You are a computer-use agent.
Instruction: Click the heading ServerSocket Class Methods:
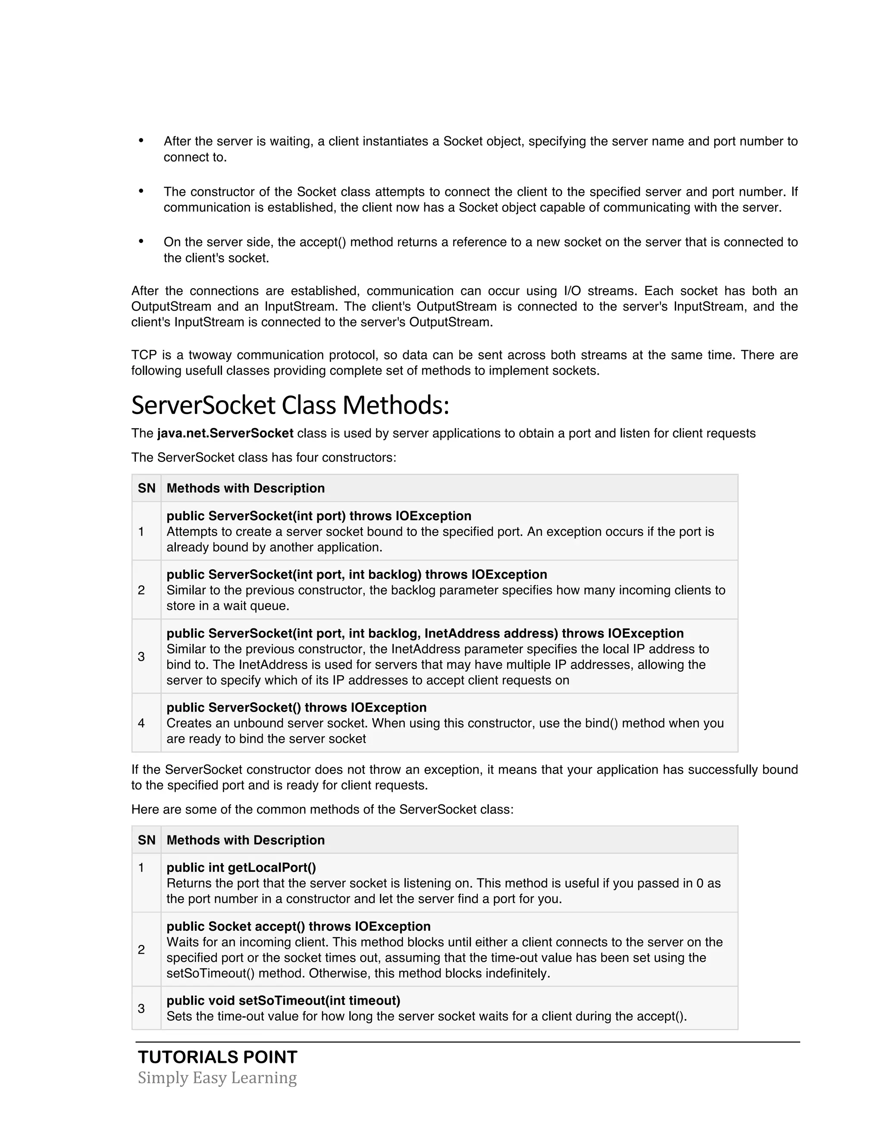coord(290,405)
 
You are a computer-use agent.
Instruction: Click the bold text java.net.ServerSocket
coord(225,433)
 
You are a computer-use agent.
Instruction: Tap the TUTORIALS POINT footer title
coord(218,1058)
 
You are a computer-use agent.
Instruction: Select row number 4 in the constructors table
coord(141,723)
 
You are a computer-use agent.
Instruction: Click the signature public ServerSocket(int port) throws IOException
coord(319,516)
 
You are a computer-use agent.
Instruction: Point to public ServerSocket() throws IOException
coord(296,707)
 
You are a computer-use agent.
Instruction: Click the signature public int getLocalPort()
coord(241,868)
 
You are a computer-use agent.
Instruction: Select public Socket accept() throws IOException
coord(298,926)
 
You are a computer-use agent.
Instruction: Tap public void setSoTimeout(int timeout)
coord(283,1001)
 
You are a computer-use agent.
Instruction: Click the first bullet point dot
coord(141,140)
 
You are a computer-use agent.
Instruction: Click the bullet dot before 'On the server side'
coord(141,241)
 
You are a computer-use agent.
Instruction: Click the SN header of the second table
coord(147,840)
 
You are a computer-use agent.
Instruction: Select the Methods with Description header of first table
coord(245,488)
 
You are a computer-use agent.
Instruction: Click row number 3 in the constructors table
coord(141,657)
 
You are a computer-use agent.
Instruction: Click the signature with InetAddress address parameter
coord(425,633)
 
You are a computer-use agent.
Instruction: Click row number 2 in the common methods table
coord(141,950)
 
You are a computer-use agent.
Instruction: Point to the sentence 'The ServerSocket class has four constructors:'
coord(263,457)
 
